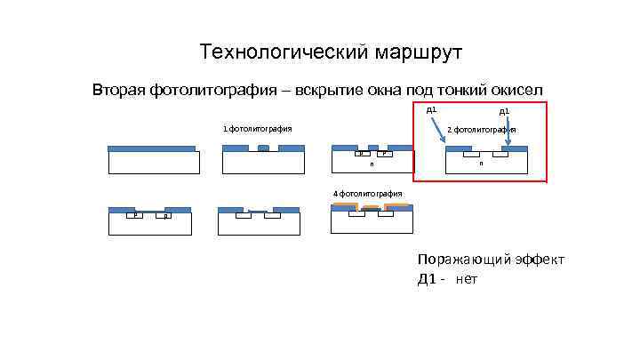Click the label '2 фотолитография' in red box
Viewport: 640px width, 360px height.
pos(482,130)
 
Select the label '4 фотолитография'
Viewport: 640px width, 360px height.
pos(367,193)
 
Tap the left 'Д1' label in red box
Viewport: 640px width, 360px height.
pos(431,109)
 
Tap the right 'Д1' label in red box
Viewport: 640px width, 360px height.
pos(503,112)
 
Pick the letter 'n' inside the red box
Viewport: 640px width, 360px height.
pos(481,164)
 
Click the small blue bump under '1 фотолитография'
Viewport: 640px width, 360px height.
pos(262,148)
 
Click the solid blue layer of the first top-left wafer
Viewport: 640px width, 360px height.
pos(151,148)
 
